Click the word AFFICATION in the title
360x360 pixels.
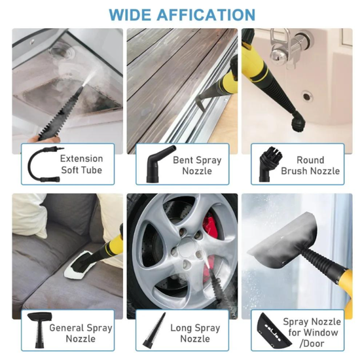208,14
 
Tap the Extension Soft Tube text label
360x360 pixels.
82,164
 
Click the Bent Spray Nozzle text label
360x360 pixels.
197,165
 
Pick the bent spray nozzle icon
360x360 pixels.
154,165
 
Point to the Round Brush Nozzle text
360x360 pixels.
310,165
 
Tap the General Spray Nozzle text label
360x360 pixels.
81,333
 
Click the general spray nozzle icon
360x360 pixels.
40,331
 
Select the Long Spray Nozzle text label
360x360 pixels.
195,333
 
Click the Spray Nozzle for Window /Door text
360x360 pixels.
312,333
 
